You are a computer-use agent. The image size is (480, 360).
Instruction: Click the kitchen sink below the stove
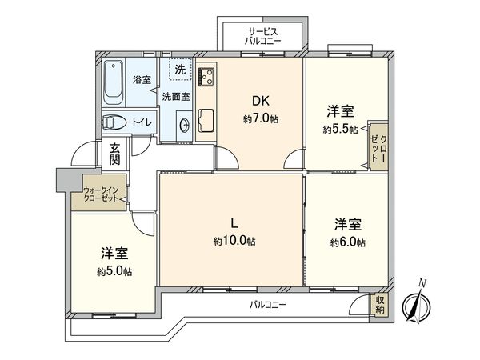(x=206, y=120)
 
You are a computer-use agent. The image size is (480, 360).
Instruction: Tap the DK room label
(x=260, y=102)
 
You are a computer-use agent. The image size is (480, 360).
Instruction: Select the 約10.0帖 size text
(x=234, y=241)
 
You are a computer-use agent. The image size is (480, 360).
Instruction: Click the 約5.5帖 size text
(x=340, y=128)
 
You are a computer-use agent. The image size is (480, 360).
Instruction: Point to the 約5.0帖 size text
(x=115, y=271)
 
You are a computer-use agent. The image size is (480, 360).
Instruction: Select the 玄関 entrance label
(x=115, y=154)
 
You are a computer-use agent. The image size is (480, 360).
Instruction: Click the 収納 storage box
(x=381, y=305)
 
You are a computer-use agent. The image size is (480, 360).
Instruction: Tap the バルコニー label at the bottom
(x=266, y=305)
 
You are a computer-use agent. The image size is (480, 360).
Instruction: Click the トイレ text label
(x=142, y=122)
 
